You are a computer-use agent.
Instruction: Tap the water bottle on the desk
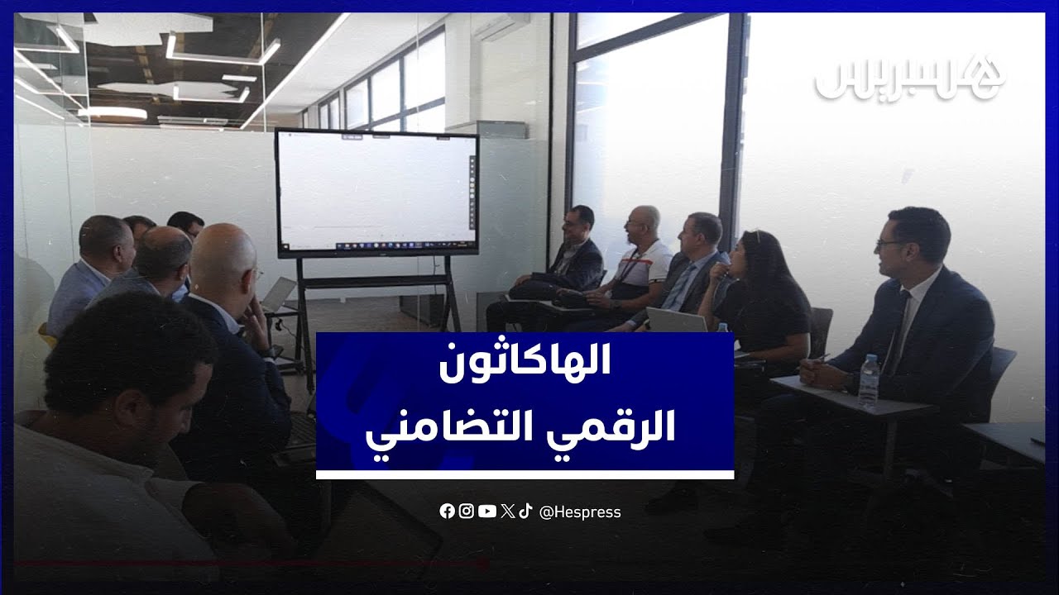click(869, 381)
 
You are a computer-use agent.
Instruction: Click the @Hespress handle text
click(580, 512)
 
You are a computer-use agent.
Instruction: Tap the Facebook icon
click(447, 512)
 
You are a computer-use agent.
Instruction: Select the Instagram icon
click(467, 512)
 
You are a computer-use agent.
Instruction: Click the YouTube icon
click(487, 512)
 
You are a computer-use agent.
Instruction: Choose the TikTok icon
click(525, 512)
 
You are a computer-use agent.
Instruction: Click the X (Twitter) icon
click(507, 512)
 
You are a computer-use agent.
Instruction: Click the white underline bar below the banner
click(525, 474)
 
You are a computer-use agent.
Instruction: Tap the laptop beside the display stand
click(278, 295)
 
